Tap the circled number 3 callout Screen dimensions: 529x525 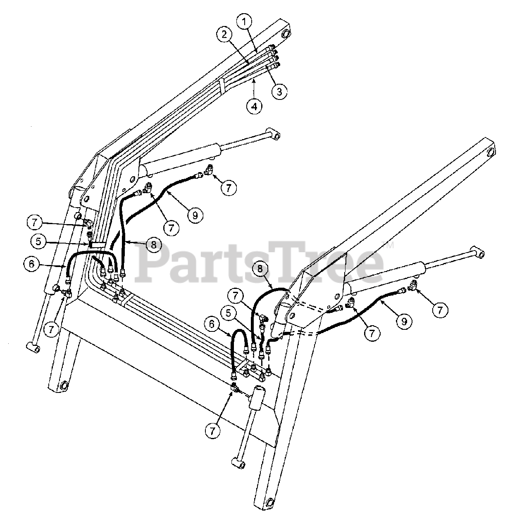(x=279, y=91)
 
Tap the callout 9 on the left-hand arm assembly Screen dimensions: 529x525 (x=195, y=215)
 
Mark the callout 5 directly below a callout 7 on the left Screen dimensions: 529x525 (x=38, y=241)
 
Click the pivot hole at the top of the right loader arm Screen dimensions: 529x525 (x=491, y=152)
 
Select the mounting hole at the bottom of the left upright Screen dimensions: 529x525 (x=64, y=386)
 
